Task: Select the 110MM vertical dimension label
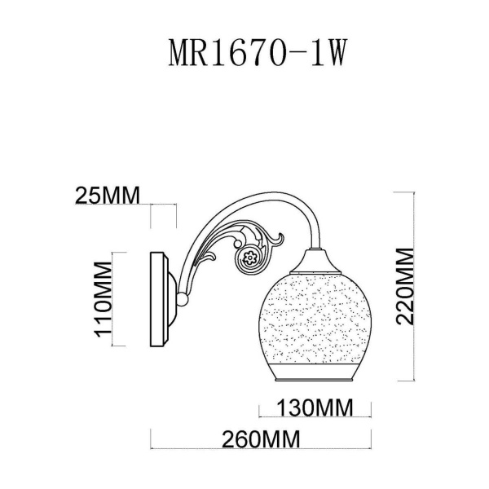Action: click(102, 298)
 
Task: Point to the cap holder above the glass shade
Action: click(313, 262)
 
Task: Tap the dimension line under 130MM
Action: click(315, 415)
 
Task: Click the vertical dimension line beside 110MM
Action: click(115, 298)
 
